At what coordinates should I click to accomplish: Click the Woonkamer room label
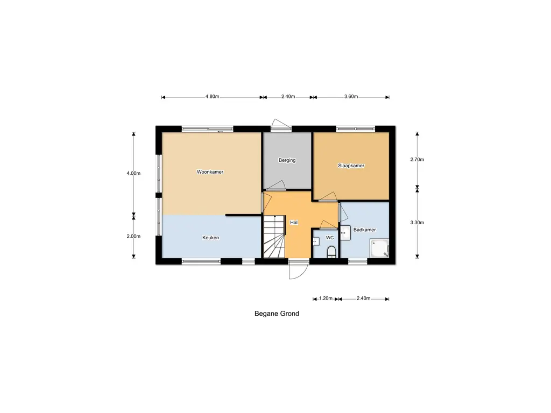(x=210, y=172)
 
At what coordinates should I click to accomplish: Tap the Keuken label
(x=210, y=237)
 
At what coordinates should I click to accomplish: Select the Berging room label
(x=287, y=160)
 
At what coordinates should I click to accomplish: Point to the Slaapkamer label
(x=351, y=166)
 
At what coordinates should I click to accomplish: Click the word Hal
(x=294, y=222)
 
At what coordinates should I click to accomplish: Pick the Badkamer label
(x=364, y=230)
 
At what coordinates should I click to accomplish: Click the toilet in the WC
(x=331, y=251)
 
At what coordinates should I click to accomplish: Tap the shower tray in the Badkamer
(x=379, y=249)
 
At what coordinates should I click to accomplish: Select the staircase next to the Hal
(x=273, y=237)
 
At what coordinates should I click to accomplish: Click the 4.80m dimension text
(x=212, y=97)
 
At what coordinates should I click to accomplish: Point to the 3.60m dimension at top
(x=351, y=97)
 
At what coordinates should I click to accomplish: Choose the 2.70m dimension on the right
(x=417, y=160)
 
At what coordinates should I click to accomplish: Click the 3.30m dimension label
(x=417, y=222)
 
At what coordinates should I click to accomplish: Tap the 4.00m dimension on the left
(x=133, y=173)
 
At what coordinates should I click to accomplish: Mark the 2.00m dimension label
(x=133, y=236)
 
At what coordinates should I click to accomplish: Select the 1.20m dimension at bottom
(x=326, y=298)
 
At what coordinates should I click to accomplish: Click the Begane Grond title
(x=277, y=314)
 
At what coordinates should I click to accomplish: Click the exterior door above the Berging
(x=280, y=124)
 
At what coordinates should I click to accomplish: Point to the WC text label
(x=330, y=237)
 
